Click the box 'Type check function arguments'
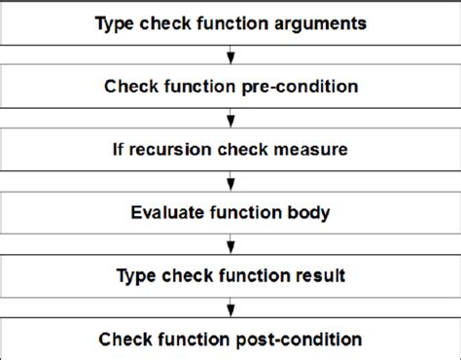click(x=230, y=21)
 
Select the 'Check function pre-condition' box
click(x=230, y=86)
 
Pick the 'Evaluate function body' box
click(x=230, y=212)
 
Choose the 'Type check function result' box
click(x=230, y=275)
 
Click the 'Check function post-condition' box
click(x=230, y=339)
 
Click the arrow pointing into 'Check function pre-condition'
click(x=231, y=56)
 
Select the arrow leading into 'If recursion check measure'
click(x=231, y=121)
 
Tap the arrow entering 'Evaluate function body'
click(x=231, y=184)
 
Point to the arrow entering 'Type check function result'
click(x=231, y=247)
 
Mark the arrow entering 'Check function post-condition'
click(x=231, y=309)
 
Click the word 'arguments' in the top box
click(x=321, y=21)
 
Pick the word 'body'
click(x=312, y=212)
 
